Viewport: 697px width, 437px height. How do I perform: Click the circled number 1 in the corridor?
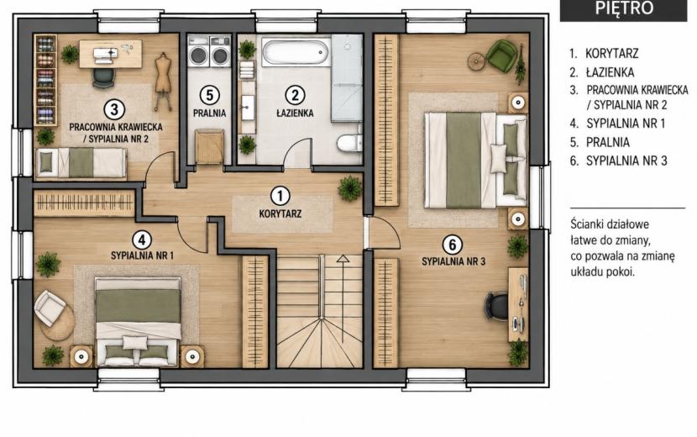click(x=280, y=196)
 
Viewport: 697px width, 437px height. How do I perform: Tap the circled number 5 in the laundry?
click(x=209, y=95)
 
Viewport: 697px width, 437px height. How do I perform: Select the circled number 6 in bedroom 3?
click(x=452, y=245)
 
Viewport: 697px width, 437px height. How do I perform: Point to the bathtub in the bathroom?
click(x=296, y=51)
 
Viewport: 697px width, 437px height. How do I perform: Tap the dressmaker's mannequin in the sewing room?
click(x=163, y=81)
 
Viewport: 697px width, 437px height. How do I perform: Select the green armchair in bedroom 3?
click(x=502, y=54)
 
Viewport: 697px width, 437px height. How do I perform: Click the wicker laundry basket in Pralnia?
click(x=209, y=146)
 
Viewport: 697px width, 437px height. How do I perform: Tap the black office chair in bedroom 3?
click(x=496, y=306)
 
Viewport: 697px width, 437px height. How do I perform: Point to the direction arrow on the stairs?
click(x=343, y=298)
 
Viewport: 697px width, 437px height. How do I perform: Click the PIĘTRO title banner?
click(x=623, y=9)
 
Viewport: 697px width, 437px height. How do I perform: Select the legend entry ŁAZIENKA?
click(x=610, y=72)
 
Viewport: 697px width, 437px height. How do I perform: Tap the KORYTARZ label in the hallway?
click(x=280, y=213)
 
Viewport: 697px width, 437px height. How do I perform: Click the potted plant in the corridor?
click(x=350, y=188)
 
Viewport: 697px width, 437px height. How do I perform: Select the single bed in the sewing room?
click(x=81, y=163)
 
